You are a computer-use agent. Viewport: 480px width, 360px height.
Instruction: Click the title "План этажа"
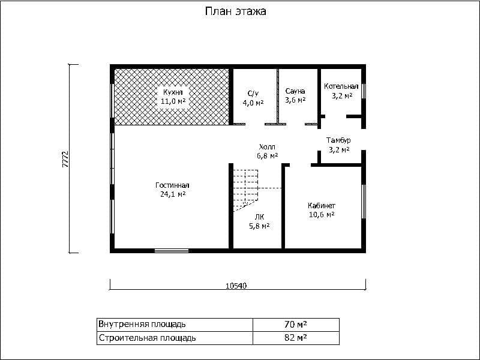(x=235, y=11)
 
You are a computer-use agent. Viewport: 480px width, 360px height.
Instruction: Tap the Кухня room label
(x=173, y=92)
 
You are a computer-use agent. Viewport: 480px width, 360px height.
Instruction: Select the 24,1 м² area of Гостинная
(x=173, y=194)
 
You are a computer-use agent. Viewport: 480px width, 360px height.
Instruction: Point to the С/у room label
(x=253, y=94)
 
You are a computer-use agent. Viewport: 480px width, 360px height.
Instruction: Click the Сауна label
(x=295, y=91)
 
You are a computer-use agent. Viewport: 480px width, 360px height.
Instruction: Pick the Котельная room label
(x=341, y=86)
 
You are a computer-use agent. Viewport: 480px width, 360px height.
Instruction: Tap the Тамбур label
(x=338, y=140)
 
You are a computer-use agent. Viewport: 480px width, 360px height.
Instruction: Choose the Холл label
(x=267, y=146)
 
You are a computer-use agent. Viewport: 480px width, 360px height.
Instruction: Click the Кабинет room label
(x=322, y=206)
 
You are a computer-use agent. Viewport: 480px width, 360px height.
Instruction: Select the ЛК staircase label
(x=260, y=217)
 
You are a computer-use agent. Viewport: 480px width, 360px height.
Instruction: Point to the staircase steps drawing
(x=246, y=190)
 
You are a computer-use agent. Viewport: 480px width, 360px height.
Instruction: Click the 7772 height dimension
(x=65, y=159)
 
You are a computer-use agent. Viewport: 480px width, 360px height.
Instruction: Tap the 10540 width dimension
(x=236, y=286)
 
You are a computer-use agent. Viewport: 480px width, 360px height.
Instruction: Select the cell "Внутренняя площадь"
(x=175, y=325)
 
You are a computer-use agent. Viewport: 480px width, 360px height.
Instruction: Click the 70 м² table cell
(x=296, y=325)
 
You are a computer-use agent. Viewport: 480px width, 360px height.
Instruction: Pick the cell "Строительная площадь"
(x=175, y=338)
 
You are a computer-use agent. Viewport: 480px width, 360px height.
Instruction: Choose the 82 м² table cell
(x=296, y=338)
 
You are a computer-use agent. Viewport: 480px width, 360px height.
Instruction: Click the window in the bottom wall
(x=172, y=251)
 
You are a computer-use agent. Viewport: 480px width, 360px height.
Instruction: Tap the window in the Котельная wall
(x=364, y=91)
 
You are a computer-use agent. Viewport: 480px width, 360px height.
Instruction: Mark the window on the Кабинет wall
(x=364, y=202)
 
